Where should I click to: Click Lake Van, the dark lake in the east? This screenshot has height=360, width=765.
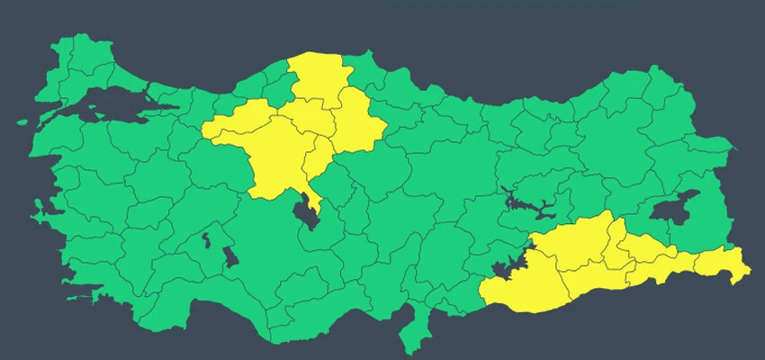point(674,208)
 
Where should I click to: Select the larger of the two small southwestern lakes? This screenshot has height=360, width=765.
point(230,257)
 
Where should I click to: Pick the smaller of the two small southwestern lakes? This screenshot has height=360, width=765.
point(206,240)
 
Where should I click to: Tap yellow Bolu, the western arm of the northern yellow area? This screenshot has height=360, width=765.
point(236,122)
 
